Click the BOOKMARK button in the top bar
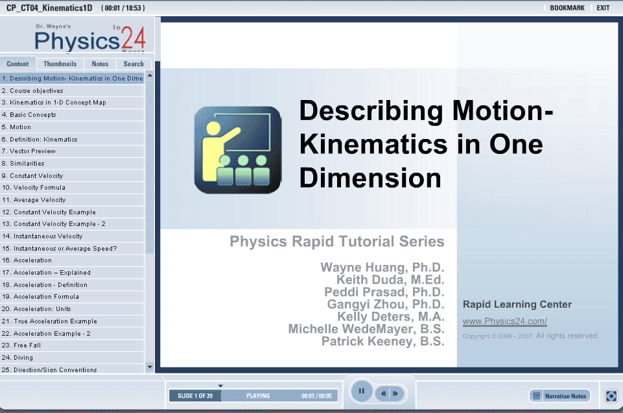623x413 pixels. [x=567, y=8]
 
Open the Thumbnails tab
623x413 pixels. [x=60, y=64]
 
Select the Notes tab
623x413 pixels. [x=100, y=64]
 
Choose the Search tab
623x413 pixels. [x=134, y=64]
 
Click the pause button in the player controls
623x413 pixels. [x=362, y=391]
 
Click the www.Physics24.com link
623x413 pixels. [x=504, y=321]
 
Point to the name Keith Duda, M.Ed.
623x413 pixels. [x=390, y=280]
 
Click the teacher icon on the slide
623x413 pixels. [x=238, y=150]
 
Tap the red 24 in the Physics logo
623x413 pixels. [x=133, y=38]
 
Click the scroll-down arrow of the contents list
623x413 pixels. [x=150, y=367]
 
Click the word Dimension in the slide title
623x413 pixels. [x=370, y=178]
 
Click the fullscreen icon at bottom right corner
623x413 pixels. [x=611, y=396]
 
